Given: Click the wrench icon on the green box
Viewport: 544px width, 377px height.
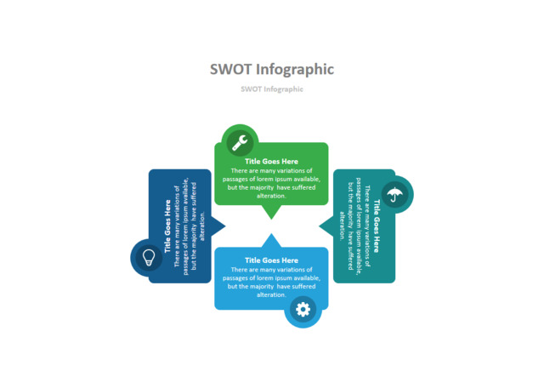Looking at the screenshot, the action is point(240,142).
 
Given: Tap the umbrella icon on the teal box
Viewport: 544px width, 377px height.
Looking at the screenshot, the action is point(394,194).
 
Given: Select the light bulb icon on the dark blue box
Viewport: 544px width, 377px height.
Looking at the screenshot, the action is point(149,258).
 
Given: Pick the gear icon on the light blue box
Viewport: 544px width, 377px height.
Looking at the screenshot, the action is point(303,309).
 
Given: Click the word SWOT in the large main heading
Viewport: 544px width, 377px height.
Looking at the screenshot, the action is point(230,69).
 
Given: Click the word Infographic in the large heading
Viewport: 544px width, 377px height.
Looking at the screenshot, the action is point(295,70).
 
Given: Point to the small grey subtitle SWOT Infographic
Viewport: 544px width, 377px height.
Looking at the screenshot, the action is point(272,89).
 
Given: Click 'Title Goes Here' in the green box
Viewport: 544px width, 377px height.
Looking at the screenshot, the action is point(271,161).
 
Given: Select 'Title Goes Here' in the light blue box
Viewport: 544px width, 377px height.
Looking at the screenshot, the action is point(271,260).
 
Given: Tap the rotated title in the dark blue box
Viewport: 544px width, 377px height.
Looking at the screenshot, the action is point(167,226).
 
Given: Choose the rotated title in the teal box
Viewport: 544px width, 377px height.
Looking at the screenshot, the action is point(377,226).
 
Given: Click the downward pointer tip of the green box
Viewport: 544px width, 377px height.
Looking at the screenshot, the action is point(271,220).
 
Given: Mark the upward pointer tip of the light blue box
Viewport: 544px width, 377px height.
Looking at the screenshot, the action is point(271,233).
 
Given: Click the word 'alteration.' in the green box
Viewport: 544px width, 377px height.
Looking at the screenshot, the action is point(271,196).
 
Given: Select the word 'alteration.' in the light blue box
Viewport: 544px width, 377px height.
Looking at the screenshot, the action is point(271,295).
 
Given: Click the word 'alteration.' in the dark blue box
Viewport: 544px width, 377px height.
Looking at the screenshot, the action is point(202,226).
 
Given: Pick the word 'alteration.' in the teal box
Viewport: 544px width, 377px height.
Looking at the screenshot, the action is point(342,226).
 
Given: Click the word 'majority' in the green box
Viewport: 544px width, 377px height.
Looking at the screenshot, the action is point(262,187).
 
